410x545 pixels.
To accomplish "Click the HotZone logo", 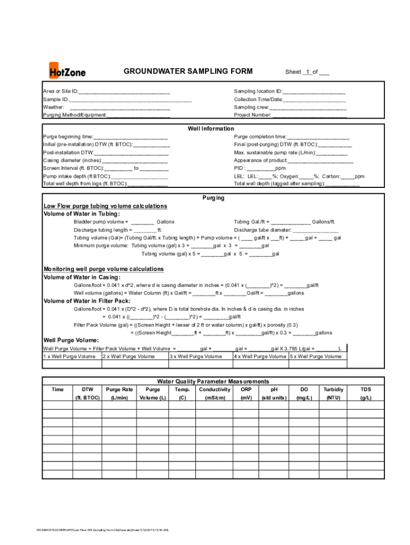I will (67, 71).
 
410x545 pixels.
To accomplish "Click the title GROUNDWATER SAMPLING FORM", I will (188, 71).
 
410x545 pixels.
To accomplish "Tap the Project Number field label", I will (252, 115).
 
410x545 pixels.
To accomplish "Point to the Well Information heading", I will (210, 129).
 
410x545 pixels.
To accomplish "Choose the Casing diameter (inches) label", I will (72, 160).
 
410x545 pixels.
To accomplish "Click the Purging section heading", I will (213, 198).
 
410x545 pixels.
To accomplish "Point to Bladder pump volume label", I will (101, 222).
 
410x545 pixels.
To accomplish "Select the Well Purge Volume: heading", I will (70, 340).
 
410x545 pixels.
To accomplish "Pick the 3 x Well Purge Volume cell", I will (195, 357).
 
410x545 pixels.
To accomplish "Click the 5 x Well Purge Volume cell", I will (316, 357).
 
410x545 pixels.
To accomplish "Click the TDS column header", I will (366, 390).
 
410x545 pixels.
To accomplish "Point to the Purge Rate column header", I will (120, 390).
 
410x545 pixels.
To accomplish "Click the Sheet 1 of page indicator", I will (307, 72).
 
